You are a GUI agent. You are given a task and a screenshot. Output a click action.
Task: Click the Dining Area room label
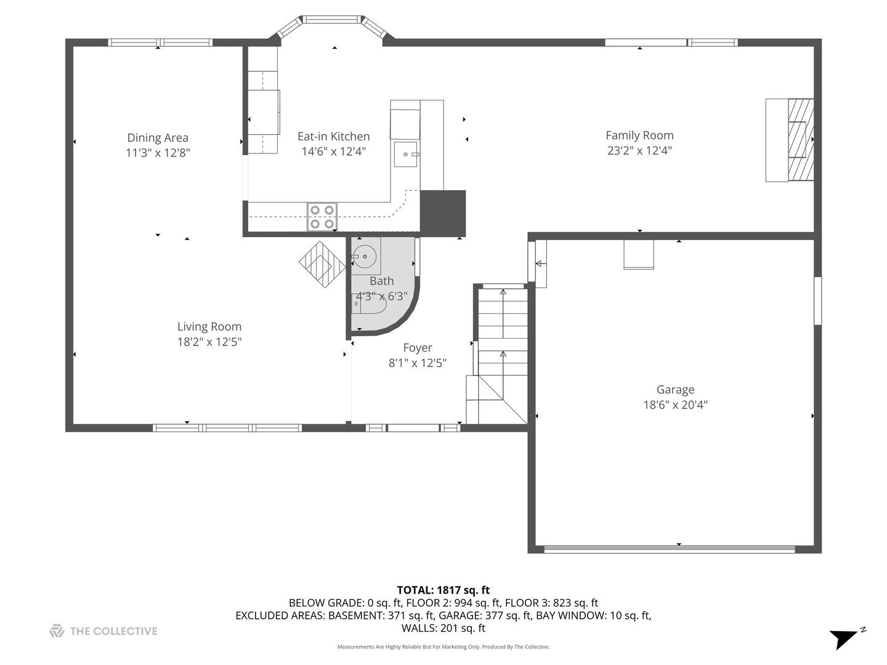click(158, 138)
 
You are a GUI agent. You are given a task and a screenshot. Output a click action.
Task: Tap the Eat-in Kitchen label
click(333, 137)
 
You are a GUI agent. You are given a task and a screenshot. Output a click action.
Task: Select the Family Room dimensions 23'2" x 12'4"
click(639, 151)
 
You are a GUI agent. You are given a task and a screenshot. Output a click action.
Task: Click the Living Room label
click(209, 327)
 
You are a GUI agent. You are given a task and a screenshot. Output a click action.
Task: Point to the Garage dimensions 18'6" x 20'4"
click(675, 405)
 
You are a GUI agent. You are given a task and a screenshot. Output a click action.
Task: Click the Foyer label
click(418, 348)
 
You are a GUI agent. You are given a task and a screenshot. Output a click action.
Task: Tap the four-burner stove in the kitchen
click(322, 217)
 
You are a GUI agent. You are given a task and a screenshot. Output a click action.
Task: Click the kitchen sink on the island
click(407, 155)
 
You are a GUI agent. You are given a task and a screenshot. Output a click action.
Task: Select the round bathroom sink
click(365, 256)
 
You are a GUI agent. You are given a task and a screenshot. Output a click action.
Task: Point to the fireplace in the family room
click(800, 140)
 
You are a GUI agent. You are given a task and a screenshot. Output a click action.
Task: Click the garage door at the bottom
click(670, 549)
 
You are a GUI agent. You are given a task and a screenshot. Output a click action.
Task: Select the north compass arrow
click(846, 638)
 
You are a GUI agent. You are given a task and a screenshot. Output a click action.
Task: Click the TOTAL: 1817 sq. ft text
click(443, 590)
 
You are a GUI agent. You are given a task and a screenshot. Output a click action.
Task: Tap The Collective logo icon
click(57, 631)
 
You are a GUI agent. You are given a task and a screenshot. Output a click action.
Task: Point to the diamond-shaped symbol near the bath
click(322, 264)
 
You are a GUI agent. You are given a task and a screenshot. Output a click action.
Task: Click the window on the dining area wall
click(160, 42)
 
